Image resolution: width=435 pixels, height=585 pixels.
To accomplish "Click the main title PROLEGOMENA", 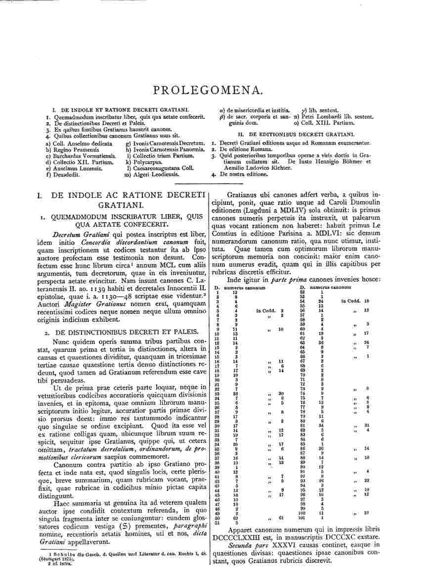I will click(x=214, y=90).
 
